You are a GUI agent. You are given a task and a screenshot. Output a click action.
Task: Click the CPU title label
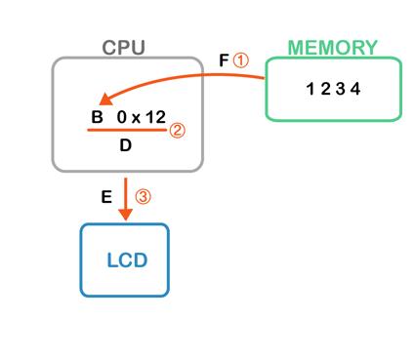click(124, 48)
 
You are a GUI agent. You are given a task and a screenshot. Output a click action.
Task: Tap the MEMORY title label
click(333, 48)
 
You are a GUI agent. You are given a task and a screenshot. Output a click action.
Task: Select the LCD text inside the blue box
click(127, 260)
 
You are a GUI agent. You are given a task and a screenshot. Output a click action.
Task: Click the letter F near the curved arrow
click(224, 60)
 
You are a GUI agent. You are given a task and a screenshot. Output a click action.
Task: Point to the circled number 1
click(241, 60)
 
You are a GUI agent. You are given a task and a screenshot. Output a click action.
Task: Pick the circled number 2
click(177, 131)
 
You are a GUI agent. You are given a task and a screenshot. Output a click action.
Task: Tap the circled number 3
click(144, 196)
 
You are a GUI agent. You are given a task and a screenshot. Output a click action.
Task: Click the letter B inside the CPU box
click(97, 117)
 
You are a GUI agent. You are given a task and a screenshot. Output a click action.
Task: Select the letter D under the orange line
click(126, 145)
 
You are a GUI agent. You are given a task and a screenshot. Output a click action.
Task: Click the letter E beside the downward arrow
click(106, 197)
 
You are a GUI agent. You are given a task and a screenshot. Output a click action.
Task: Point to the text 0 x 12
click(142, 117)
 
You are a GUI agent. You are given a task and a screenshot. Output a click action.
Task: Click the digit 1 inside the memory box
click(311, 89)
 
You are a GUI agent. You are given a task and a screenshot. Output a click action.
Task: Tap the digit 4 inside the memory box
click(355, 89)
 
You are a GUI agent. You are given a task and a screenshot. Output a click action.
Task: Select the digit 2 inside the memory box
click(325, 89)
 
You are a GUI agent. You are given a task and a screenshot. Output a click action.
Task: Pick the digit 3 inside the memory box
click(341, 89)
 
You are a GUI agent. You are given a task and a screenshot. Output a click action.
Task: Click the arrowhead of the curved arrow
click(105, 100)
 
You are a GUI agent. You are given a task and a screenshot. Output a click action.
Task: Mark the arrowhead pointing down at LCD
click(125, 215)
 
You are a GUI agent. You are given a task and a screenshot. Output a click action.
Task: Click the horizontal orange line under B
click(127, 130)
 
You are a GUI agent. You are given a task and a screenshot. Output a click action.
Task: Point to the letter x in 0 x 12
click(136, 119)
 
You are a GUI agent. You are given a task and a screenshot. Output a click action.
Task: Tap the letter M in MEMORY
click(296, 48)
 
